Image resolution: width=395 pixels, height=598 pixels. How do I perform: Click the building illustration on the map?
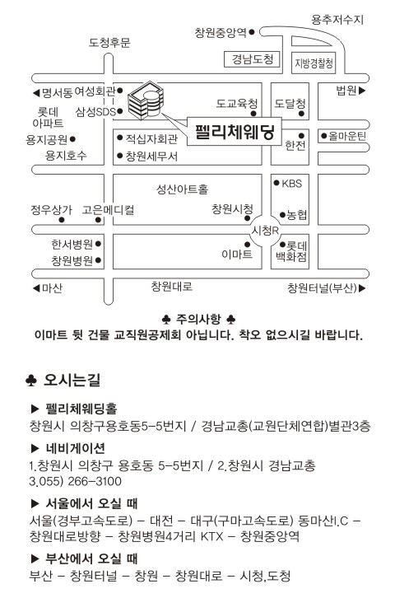146,100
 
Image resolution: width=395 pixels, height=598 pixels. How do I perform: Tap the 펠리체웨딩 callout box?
235,132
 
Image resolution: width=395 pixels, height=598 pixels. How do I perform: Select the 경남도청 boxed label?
252,59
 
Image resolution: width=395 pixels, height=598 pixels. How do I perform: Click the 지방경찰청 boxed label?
314,63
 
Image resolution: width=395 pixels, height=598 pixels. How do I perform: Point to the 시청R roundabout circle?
266,231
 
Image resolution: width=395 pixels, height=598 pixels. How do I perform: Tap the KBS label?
292,184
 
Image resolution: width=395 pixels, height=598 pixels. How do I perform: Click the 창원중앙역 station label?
221,32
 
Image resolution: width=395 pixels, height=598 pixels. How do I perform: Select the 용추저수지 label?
337,20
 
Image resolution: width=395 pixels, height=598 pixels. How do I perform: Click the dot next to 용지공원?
72,139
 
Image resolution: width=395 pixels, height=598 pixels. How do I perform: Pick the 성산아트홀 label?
182,189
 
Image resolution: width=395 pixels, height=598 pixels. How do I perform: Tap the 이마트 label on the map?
236,254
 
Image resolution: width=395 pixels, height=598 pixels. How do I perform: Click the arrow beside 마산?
36,288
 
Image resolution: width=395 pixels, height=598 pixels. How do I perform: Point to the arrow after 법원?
362,91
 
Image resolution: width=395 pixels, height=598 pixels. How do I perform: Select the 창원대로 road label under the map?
172,286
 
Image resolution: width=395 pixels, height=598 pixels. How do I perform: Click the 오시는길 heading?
72,380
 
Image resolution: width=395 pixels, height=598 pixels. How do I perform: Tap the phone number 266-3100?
95,481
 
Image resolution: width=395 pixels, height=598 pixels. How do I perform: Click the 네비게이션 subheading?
75,448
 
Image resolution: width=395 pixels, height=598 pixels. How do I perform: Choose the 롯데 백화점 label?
291,251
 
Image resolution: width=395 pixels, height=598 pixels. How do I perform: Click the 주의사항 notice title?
198,319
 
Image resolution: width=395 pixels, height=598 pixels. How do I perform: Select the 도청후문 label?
109,42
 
